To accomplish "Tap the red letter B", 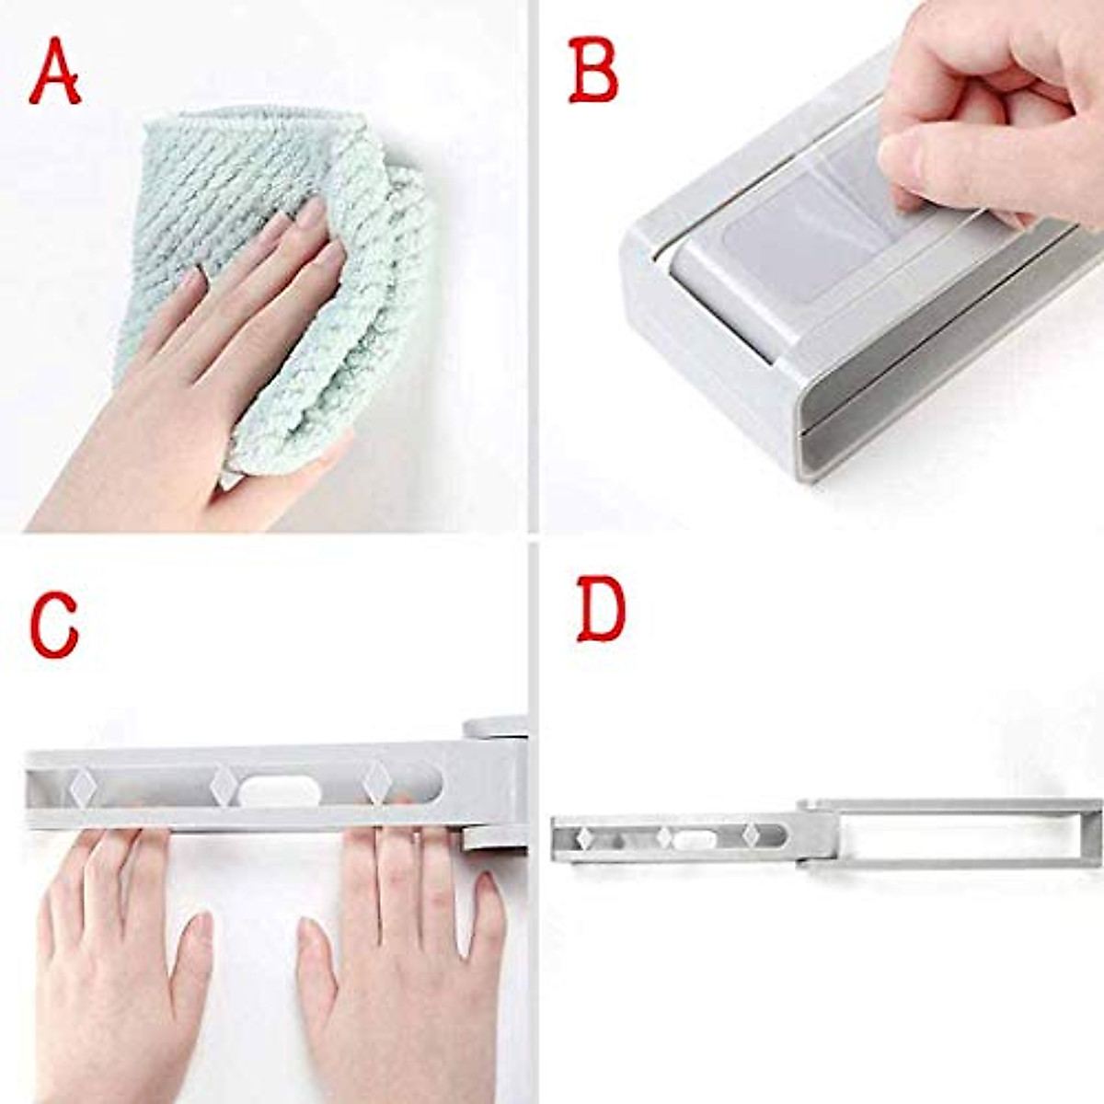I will [x=593, y=72].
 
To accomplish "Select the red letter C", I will [x=53, y=626].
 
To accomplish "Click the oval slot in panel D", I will [x=689, y=839].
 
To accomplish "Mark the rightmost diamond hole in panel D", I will [x=751, y=835].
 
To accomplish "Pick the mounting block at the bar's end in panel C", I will [x=495, y=782].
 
